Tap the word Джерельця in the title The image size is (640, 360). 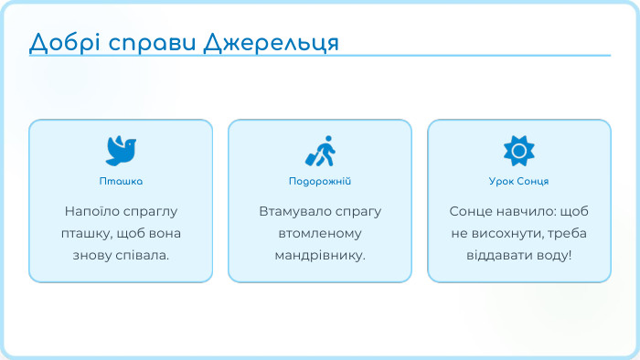click(271, 43)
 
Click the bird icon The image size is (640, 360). click(121, 150)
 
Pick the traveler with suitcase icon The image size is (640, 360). click(320, 151)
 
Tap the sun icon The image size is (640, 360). click(518, 150)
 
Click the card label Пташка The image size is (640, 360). click(121, 181)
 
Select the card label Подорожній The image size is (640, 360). click(320, 181)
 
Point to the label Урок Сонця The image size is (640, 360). click(518, 181)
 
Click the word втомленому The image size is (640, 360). click(320, 232)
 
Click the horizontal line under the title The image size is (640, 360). click(320, 55)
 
